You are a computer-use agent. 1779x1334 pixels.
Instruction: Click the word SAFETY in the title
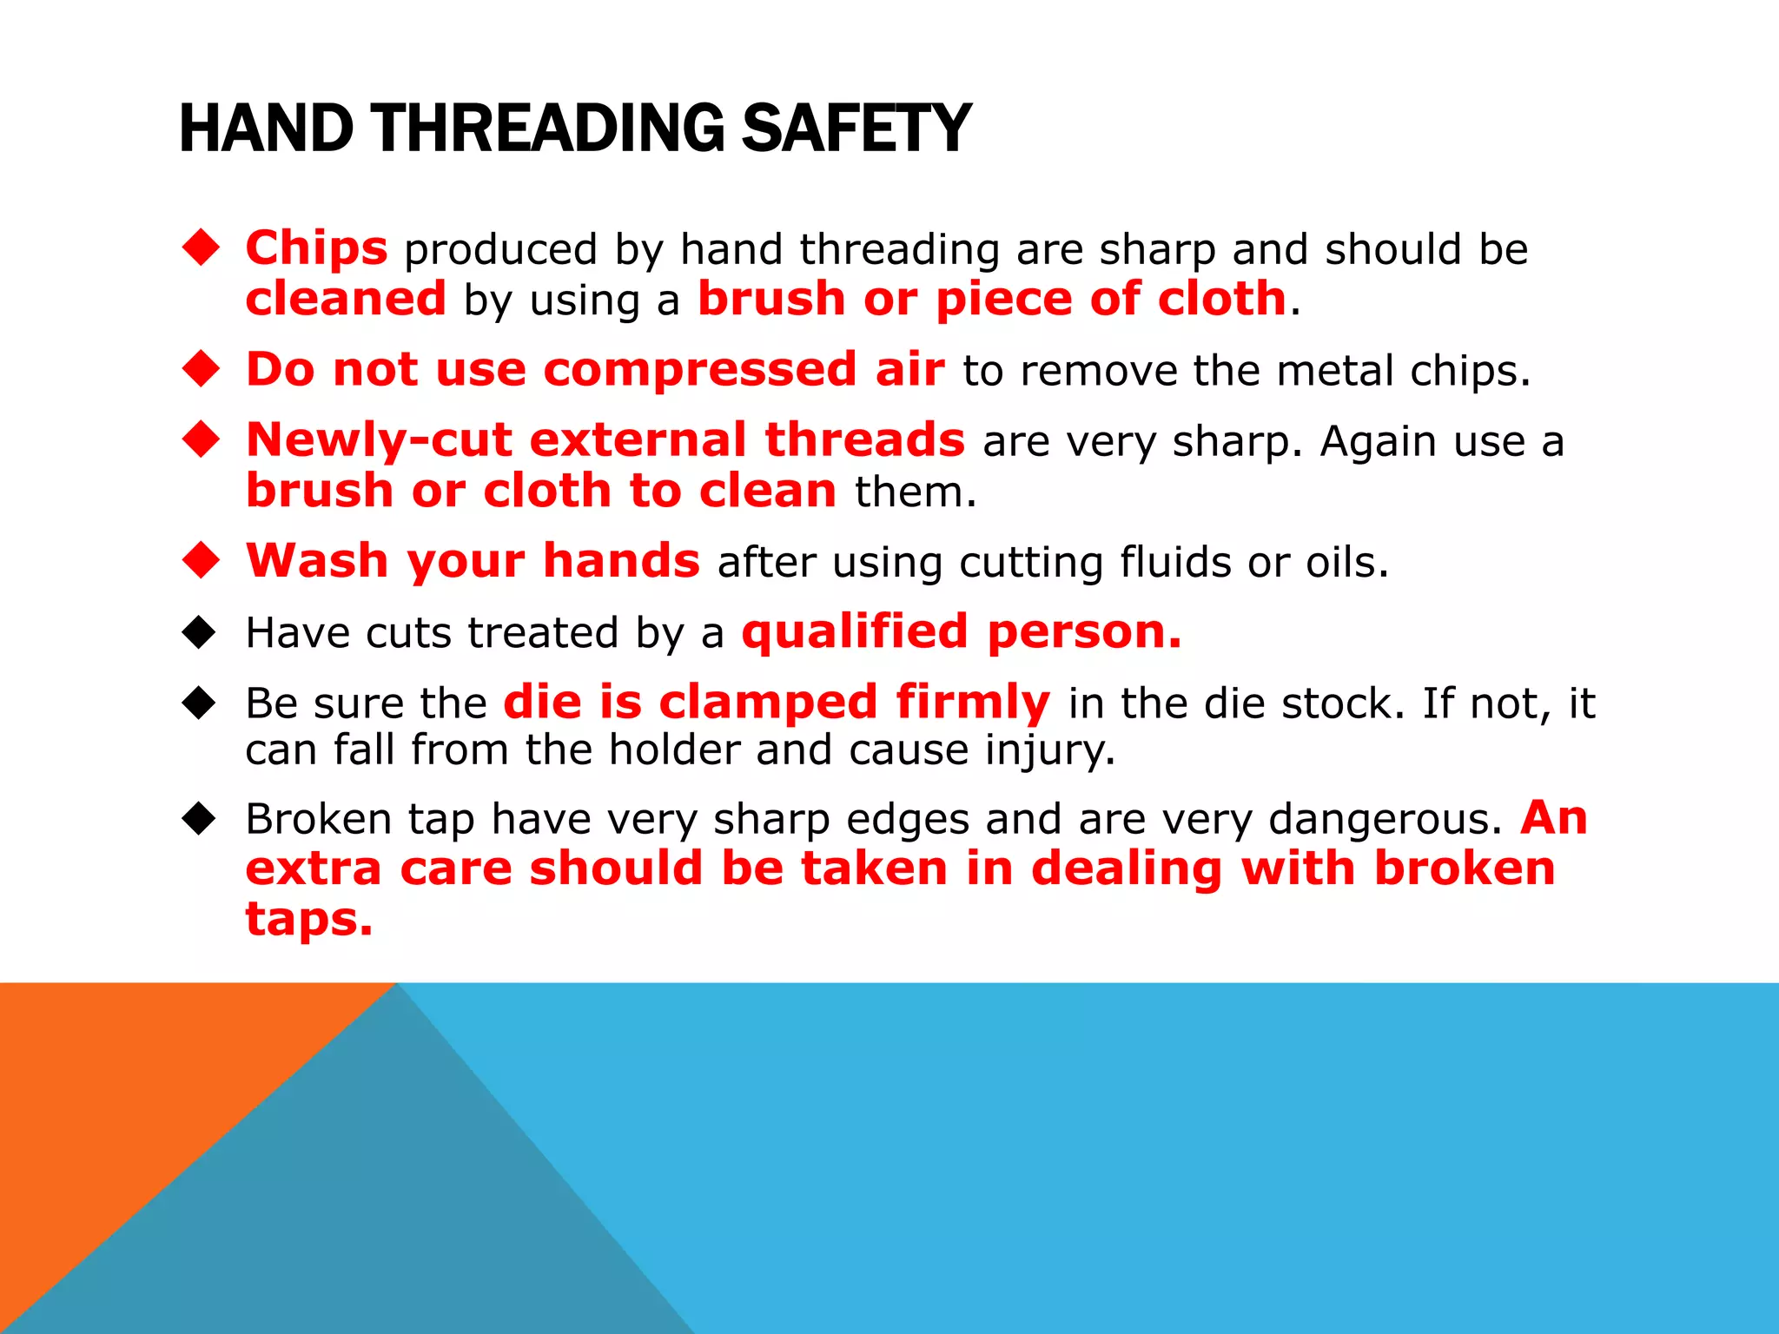click(x=856, y=129)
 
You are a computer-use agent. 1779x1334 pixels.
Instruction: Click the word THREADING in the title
click(x=548, y=129)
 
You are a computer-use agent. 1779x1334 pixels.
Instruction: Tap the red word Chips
click(x=316, y=248)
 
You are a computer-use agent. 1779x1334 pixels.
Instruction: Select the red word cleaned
click(x=346, y=299)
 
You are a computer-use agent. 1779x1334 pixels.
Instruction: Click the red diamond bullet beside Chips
click(x=201, y=248)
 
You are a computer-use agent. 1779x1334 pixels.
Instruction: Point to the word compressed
click(x=700, y=370)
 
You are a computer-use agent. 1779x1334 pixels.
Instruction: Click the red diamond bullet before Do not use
click(x=201, y=368)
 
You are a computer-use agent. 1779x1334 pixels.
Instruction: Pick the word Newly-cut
click(x=379, y=439)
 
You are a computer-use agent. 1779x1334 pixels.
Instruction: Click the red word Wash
click(x=317, y=561)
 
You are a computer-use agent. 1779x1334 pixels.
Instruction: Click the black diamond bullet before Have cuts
click(x=199, y=632)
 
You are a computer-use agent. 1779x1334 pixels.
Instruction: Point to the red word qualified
click(x=854, y=631)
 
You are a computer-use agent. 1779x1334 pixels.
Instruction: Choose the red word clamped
click(x=768, y=702)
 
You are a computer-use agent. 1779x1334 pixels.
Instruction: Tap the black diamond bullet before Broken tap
click(x=199, y=818)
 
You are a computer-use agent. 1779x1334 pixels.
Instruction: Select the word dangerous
click(x=1385, y=819)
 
